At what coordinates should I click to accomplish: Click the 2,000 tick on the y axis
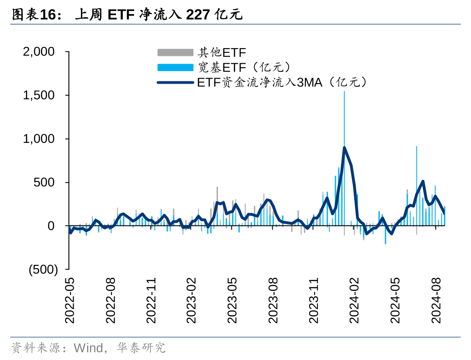pos(45,52)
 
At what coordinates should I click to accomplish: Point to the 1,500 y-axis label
pos(45,95)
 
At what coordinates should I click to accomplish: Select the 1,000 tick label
pos(45,139)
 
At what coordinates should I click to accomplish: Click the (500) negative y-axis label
pos(43,270)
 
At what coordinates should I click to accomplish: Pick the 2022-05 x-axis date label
pos(70,300)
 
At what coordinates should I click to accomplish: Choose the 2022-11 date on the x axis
pos(151,300)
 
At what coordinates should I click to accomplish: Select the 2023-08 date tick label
pos(273,300)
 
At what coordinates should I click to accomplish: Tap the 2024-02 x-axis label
pos(355,300)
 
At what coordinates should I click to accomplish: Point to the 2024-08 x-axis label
pos(437,300)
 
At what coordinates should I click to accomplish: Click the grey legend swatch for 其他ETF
pos(175,52)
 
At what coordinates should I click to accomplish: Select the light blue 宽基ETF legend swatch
pos(175,67)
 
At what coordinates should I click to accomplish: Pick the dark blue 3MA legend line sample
pos(175,82)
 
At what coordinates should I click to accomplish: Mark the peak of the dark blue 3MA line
pos(344,147)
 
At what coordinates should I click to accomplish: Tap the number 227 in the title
pos(197,15)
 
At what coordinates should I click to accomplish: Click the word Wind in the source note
pos(88,348)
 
